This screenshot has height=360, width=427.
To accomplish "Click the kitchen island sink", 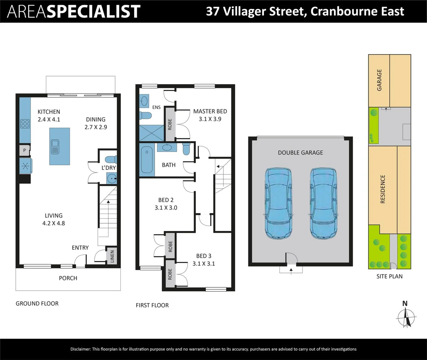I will [55, 147].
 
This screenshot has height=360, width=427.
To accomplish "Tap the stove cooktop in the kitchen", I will [25, 124].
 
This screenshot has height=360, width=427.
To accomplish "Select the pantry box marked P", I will [24, 150].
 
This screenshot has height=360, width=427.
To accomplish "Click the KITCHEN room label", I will [49, 112].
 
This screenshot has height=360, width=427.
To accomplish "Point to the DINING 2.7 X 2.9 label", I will [96, 123].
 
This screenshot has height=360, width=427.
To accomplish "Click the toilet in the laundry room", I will [111, 159].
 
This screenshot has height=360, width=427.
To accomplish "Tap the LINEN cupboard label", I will [112, 256].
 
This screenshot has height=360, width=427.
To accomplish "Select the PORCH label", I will [68, 278].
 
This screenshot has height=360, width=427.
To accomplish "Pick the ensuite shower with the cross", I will [151, 133].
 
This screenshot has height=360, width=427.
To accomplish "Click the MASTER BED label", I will [210, 111].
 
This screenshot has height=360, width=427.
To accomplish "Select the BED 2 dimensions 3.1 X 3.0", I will [166, 208].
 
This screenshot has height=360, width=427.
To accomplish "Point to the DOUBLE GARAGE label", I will [300, 153].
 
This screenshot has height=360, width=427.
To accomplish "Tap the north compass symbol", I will [406, 317].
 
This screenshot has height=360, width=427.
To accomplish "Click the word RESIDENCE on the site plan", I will [383, 189].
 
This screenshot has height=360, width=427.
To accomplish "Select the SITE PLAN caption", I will [389, 276].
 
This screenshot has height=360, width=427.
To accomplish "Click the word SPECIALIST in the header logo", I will [93, 11].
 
